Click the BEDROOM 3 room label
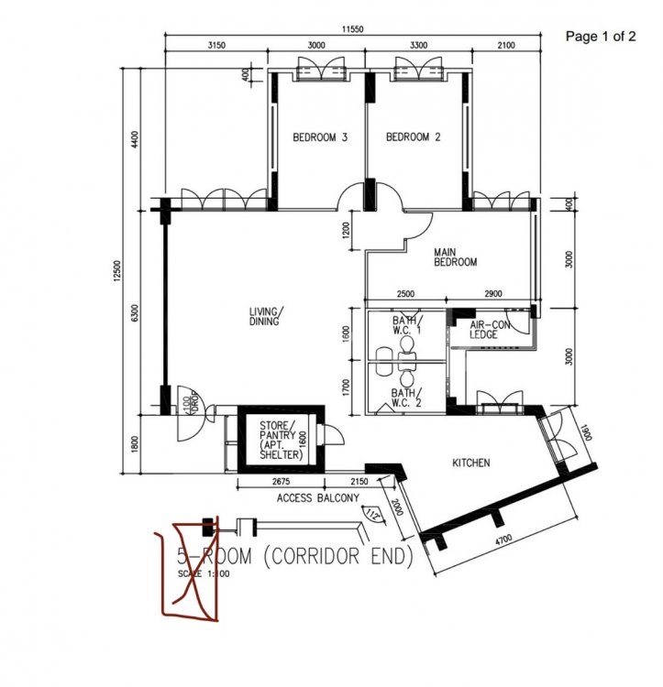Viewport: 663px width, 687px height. (x=319, y=138)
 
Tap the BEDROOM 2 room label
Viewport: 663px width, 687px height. (x=413, y=138)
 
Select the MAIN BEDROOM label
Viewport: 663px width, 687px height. (x=456, y=256)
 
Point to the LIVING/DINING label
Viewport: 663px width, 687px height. (x=266, y=316)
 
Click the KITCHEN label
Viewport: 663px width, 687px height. (x=471, y=463)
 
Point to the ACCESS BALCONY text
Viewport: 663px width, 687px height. (x=317, y=498)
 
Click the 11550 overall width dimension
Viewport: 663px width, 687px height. (x=353, y=29)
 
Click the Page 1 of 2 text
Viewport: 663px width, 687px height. (x=601, y=37)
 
